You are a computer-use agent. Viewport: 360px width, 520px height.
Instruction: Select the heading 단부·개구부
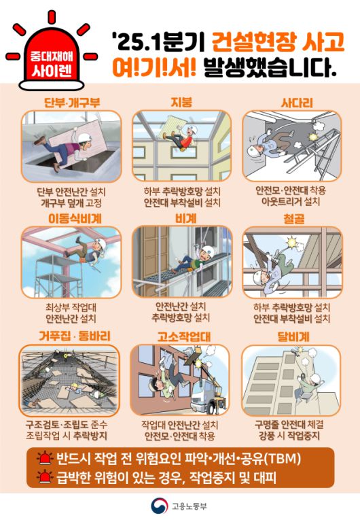pos(71,103)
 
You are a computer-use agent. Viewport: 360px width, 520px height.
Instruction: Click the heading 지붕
pos(181,103)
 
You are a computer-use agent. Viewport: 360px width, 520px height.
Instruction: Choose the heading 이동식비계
pos(71,219)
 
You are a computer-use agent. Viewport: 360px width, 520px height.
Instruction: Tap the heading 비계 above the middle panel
pos(181,219)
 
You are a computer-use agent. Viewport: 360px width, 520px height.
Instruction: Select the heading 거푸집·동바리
pos(71,336)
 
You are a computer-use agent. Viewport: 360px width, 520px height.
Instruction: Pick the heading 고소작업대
pos(181,336)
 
